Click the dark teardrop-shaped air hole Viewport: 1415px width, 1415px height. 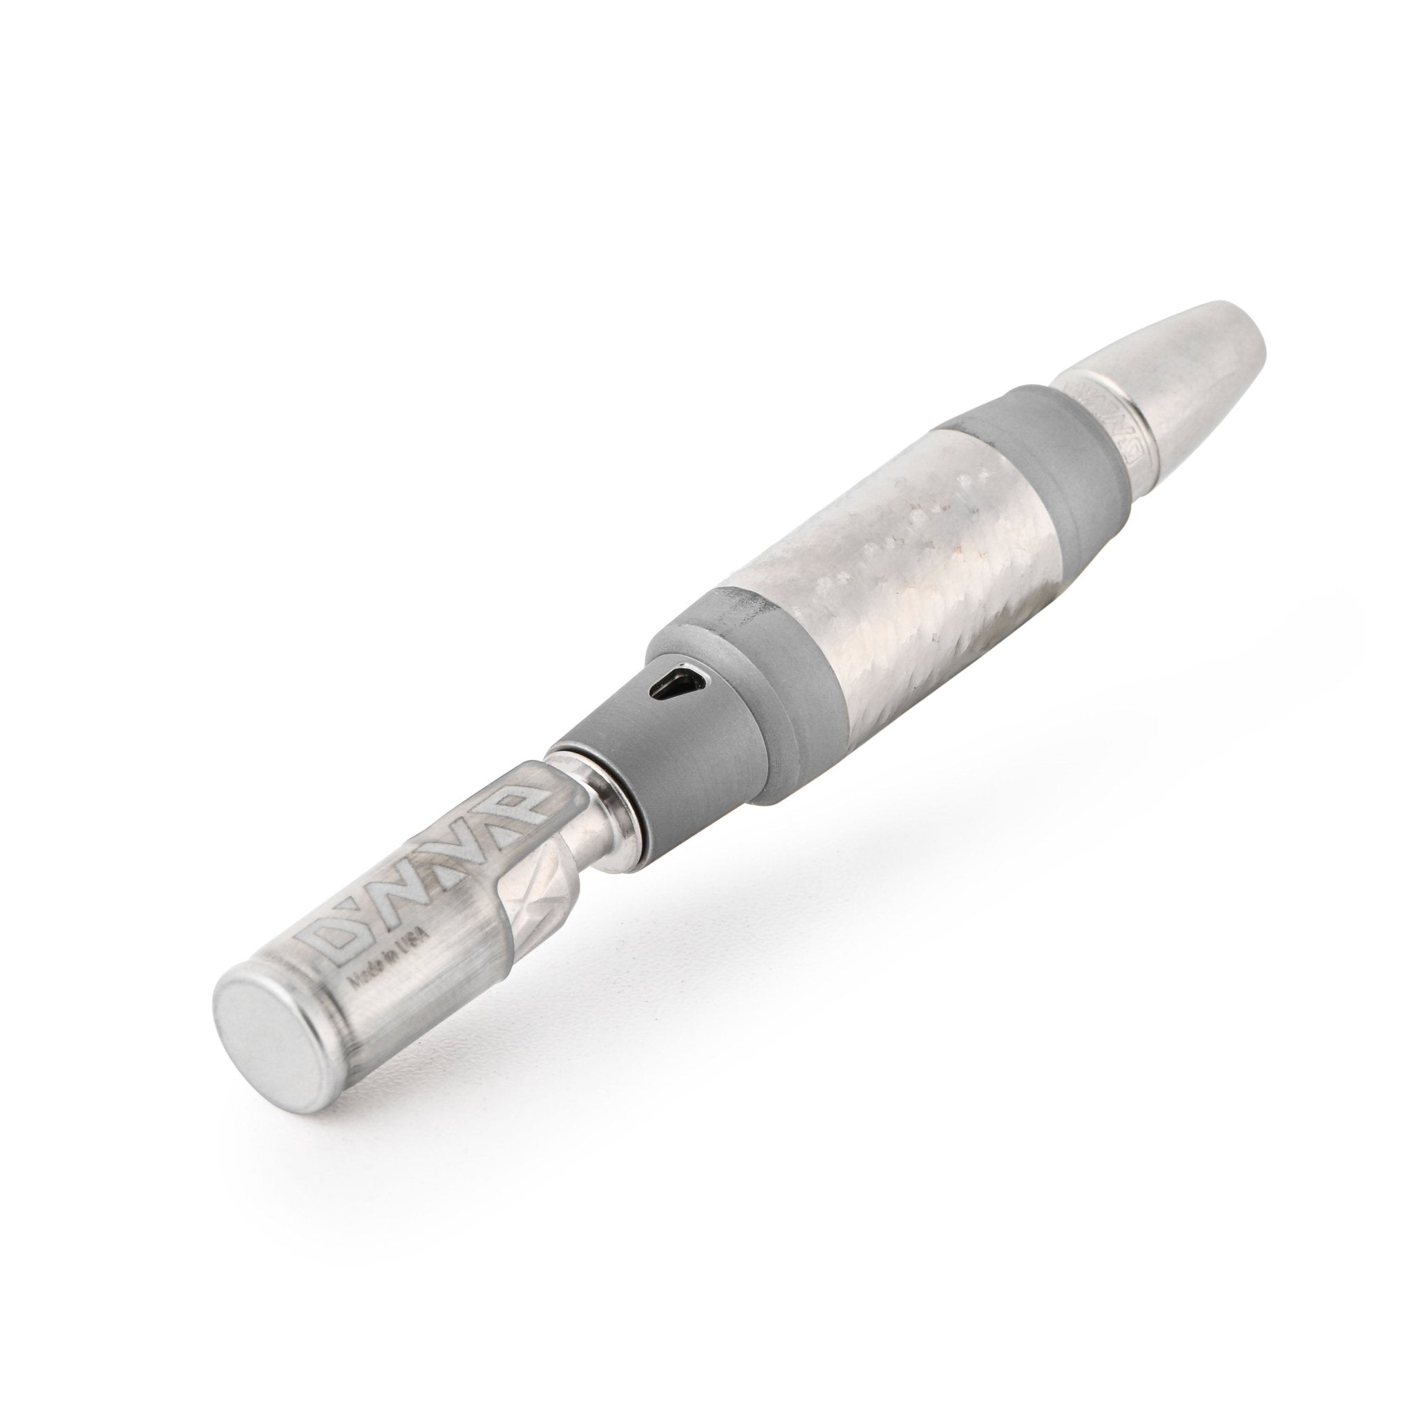pos(678,685)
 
